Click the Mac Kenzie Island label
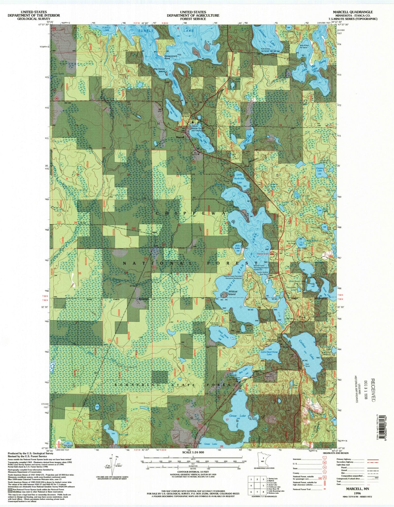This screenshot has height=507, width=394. (x=159, y=70)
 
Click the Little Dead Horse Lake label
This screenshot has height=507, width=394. (x=269, y=353)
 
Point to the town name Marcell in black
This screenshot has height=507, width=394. (x=180, y=137)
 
